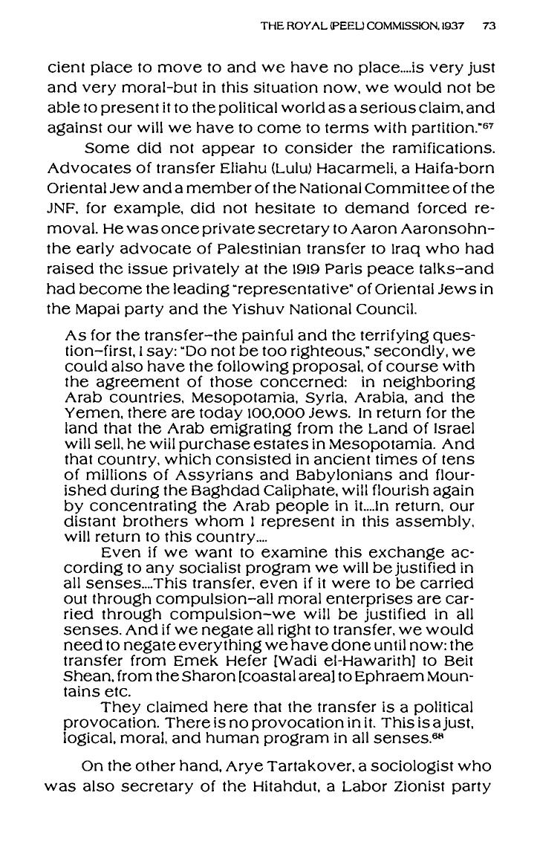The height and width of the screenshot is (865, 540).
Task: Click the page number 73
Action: coord(488,26)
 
